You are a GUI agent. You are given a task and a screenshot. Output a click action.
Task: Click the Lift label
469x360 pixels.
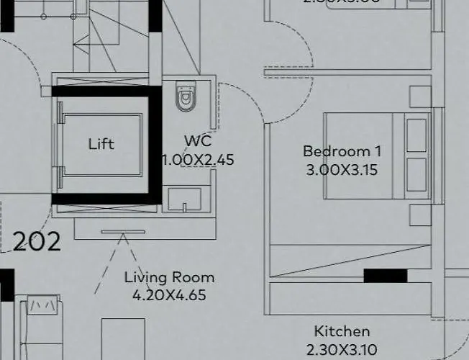click(x=101, y=144)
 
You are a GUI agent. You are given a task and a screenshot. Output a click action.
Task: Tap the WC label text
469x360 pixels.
click(x=198, y=140)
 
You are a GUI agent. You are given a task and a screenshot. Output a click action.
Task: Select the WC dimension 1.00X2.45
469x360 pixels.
click(x=198, y=160)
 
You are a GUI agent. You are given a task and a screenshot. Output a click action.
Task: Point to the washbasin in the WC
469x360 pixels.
click(x=186, y=199)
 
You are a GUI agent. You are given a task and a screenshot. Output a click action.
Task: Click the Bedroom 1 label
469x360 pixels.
click(x=342, y=151)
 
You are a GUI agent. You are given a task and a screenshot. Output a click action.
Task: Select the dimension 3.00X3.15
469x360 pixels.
click(x=342, y=171)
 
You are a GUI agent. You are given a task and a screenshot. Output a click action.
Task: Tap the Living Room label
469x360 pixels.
click(x=169, y=277)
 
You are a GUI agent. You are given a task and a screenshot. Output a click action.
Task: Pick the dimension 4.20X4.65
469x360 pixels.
click(x=169, y=294)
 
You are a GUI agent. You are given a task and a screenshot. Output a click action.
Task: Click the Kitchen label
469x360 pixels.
click(x=342, y=331)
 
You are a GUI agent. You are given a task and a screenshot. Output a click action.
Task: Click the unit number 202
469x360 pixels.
click(x=37, y=241)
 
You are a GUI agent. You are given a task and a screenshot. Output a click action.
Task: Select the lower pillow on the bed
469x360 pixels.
click(x=417, y=175)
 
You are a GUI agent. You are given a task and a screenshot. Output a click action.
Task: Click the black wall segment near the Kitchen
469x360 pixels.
click(x=385, y=276)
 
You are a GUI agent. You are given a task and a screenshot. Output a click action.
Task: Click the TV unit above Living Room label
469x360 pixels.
click(x=122, y=232)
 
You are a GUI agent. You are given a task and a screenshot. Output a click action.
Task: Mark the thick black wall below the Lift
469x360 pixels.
click(x=104, y=199)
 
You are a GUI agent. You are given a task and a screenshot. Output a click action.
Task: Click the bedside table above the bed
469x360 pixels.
click(x=419, y=97)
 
